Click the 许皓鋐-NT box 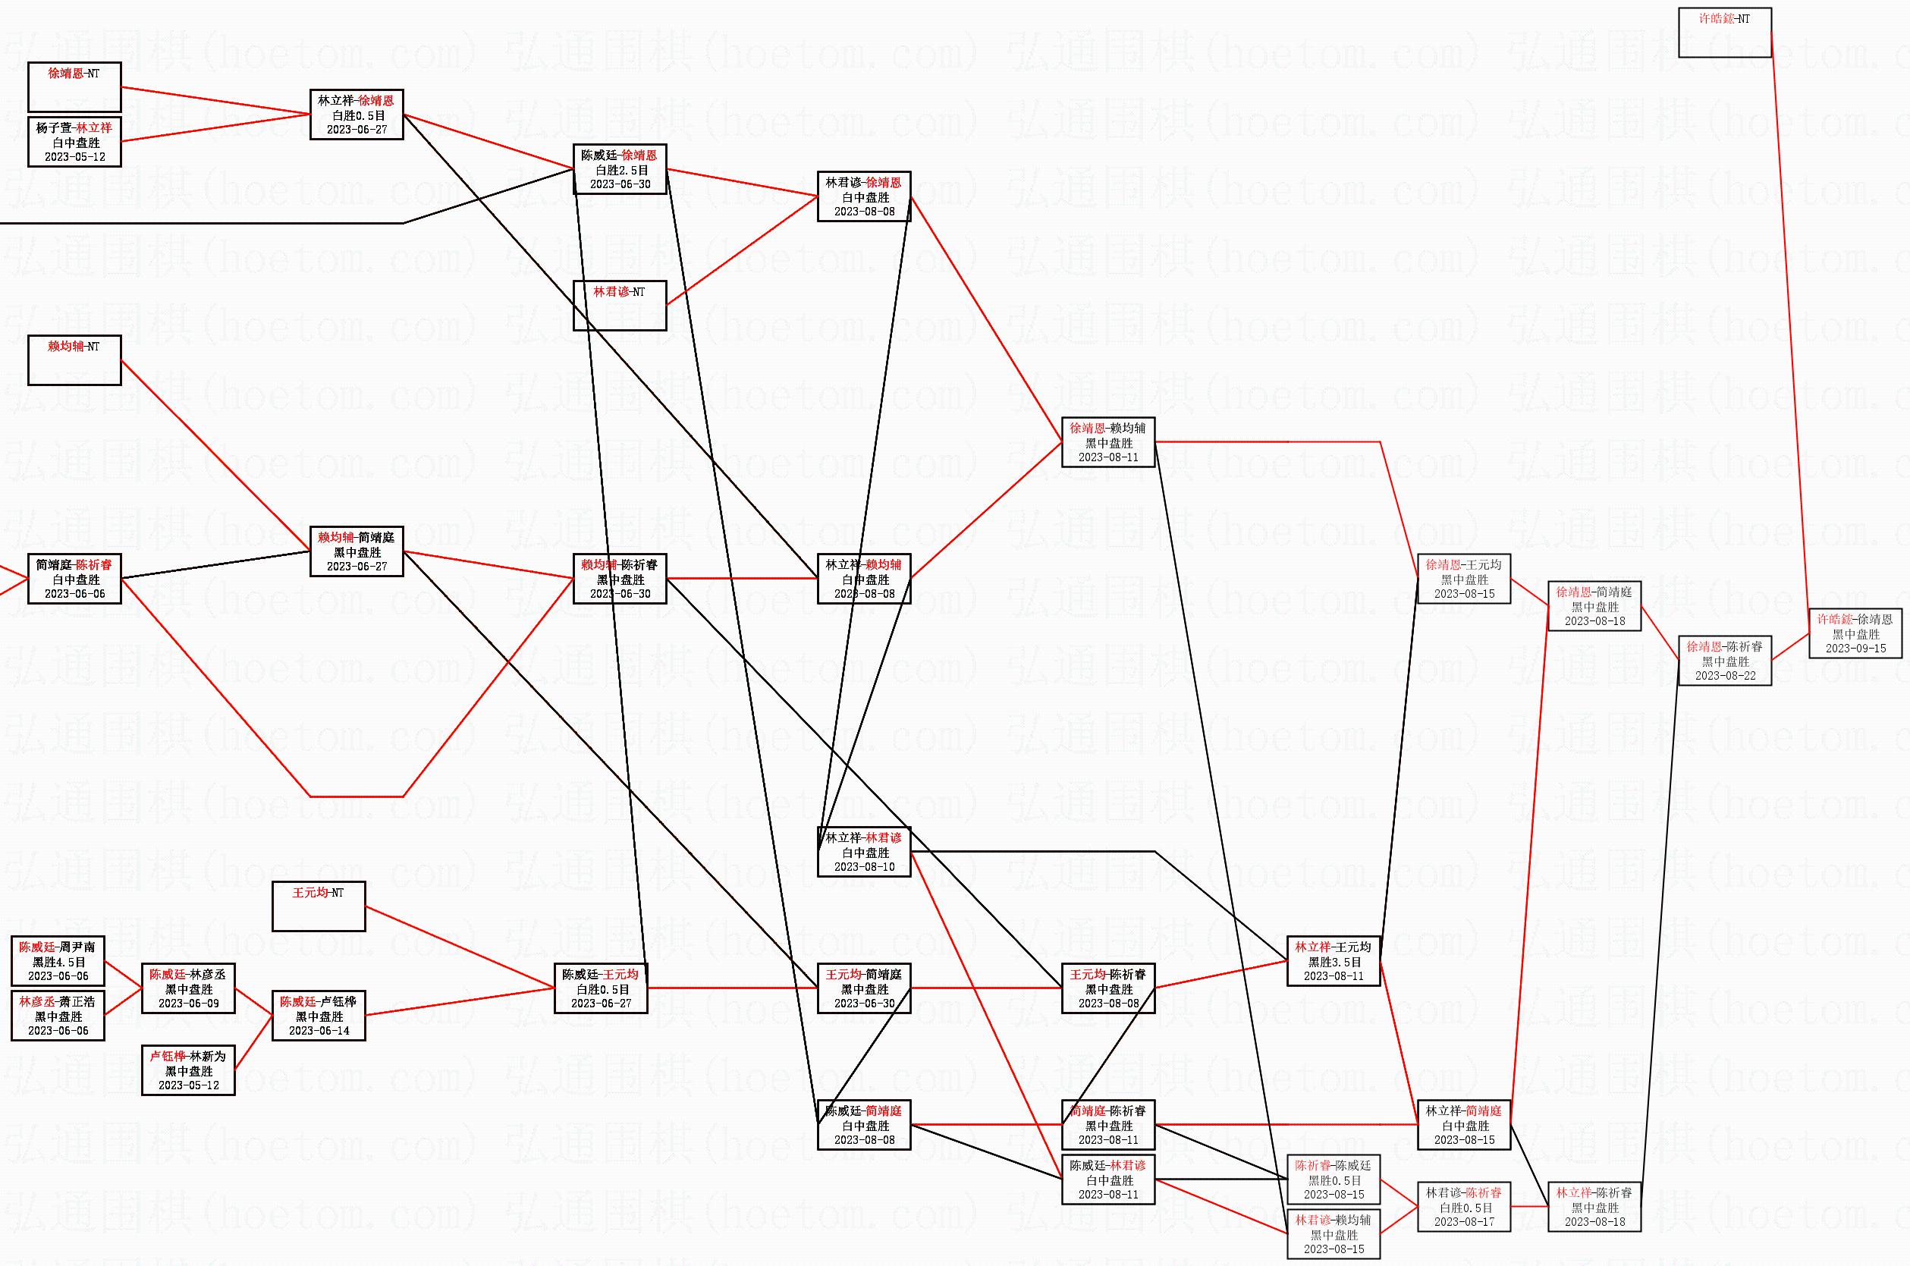pos(1724,33)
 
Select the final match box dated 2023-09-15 pos(1855,634)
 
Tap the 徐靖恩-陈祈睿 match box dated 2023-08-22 pos(1724,661)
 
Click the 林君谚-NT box pos(619,305)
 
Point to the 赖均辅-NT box pos(74,360)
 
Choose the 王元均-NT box pos(318,906)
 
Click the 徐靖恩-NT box pos(74,87)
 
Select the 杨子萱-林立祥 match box pos(74,142)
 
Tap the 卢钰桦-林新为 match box pos(188,1070)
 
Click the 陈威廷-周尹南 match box pos(58,961)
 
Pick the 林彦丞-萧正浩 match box pos(58,1016)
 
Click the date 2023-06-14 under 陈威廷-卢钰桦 pos(318,1031)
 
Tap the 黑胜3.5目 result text pos(1334,963)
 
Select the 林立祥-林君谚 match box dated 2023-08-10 pos(863,853)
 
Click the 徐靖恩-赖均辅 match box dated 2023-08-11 pos(1107,442)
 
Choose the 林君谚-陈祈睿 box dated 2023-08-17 pos(1463,1207)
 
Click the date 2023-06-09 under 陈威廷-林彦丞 pos(188,1004)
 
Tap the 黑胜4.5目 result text pos(58,963)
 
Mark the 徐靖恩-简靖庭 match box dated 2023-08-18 pos(1594,606)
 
